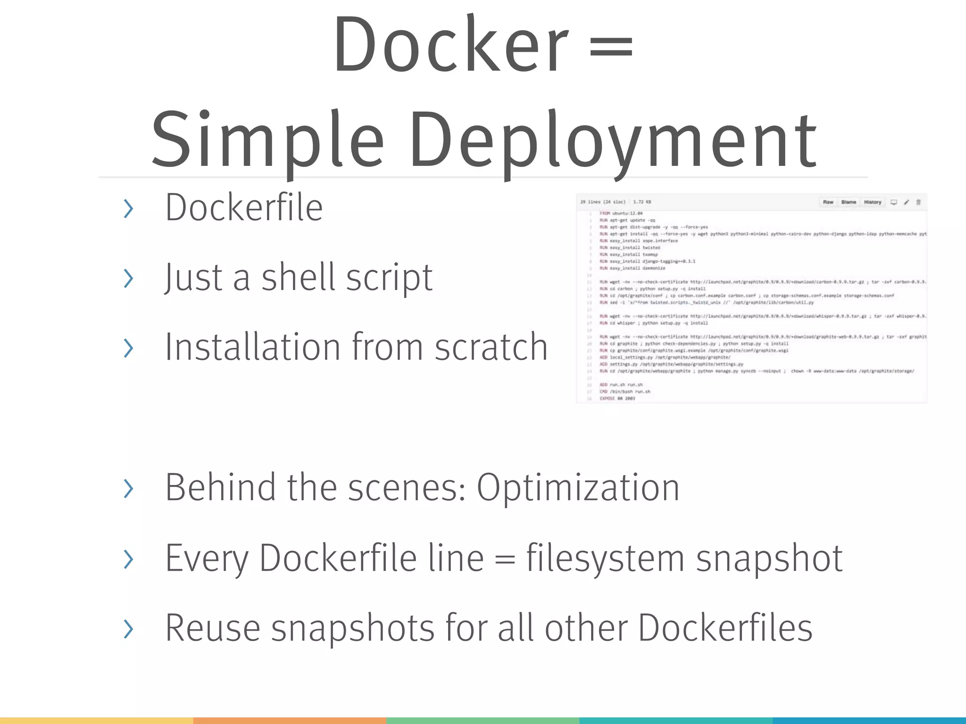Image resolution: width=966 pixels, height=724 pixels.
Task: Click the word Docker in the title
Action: coord(450,45)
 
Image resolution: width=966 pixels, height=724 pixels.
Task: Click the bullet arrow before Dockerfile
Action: coord(128,209)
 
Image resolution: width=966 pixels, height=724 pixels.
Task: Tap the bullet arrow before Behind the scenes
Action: coord(128,488)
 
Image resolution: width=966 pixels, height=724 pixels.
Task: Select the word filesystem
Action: coord(605,558)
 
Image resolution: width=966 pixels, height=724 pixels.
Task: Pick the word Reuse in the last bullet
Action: coord(212,628)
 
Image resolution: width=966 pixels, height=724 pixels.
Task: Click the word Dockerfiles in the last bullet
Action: coord(725,628)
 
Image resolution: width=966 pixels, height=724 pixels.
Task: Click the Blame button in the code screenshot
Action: coord(849,202)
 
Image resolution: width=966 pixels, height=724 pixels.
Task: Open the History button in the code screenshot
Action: coord(873,202)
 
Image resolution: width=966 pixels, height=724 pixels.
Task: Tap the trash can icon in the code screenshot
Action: coord(918,202)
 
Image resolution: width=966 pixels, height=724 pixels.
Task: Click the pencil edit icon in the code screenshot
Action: coord(906,202)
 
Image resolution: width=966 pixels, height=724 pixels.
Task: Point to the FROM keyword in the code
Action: coord(605,214)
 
